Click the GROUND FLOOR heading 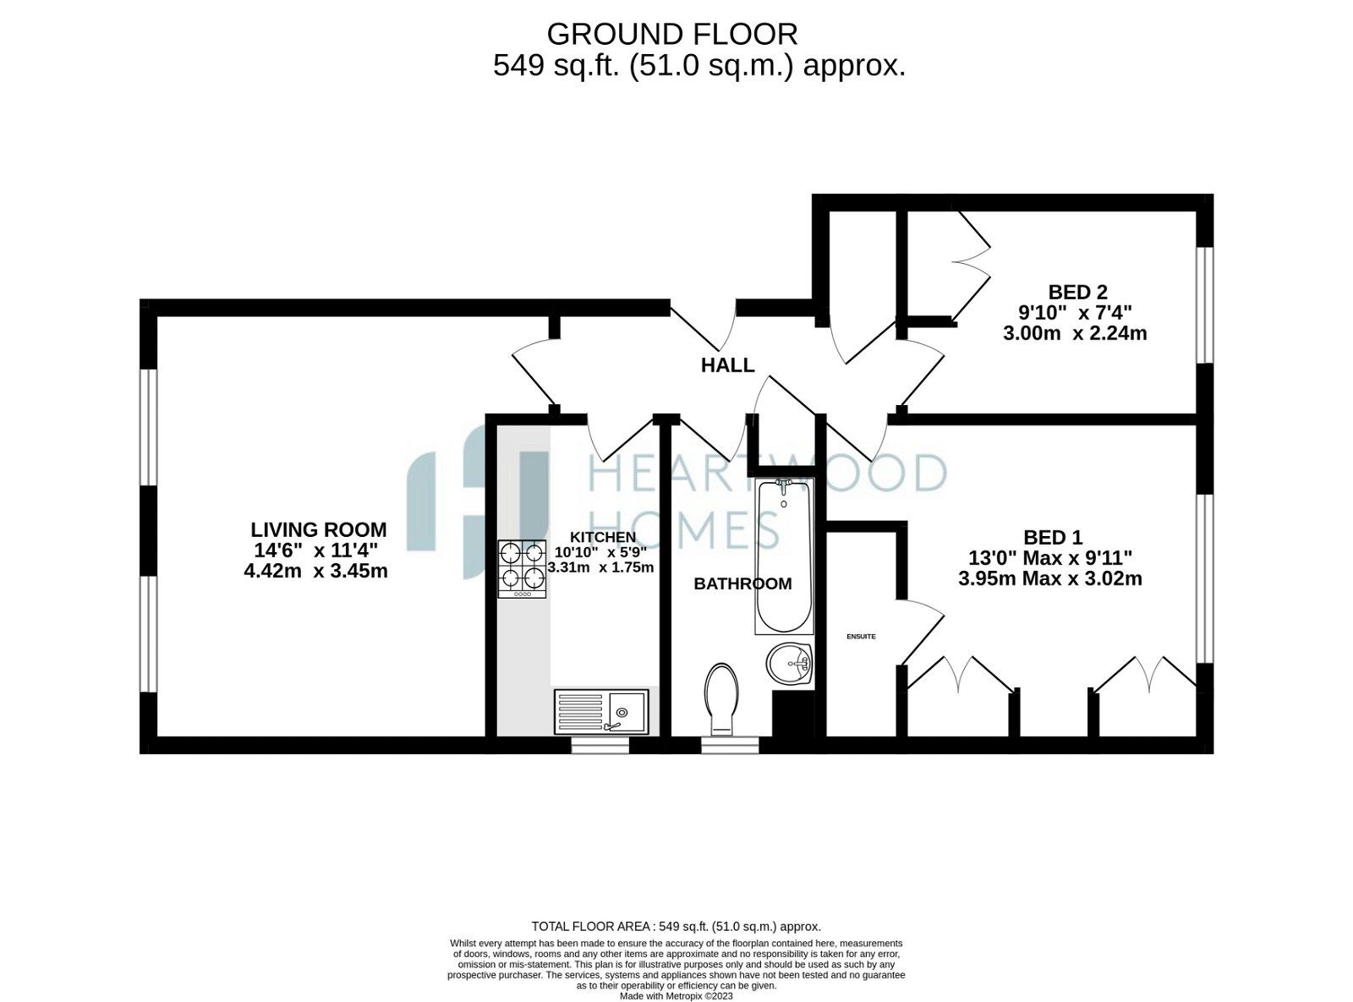point(672,35)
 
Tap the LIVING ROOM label point(318,530)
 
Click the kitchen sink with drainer point(601,711)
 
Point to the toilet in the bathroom point(721,698)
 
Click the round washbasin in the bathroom point(789,663)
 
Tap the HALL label point(727,365)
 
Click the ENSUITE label point(861,636)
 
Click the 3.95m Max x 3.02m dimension point(1050,579)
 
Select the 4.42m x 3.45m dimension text point(315,571)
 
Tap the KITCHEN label point(602,537)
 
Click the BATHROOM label point(742,583)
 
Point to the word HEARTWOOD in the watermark point(766,474)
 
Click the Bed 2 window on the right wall point(1205,305)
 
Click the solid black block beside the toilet point(792,714)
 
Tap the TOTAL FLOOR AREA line point(676,927)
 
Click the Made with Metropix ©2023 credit point(676,996)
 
